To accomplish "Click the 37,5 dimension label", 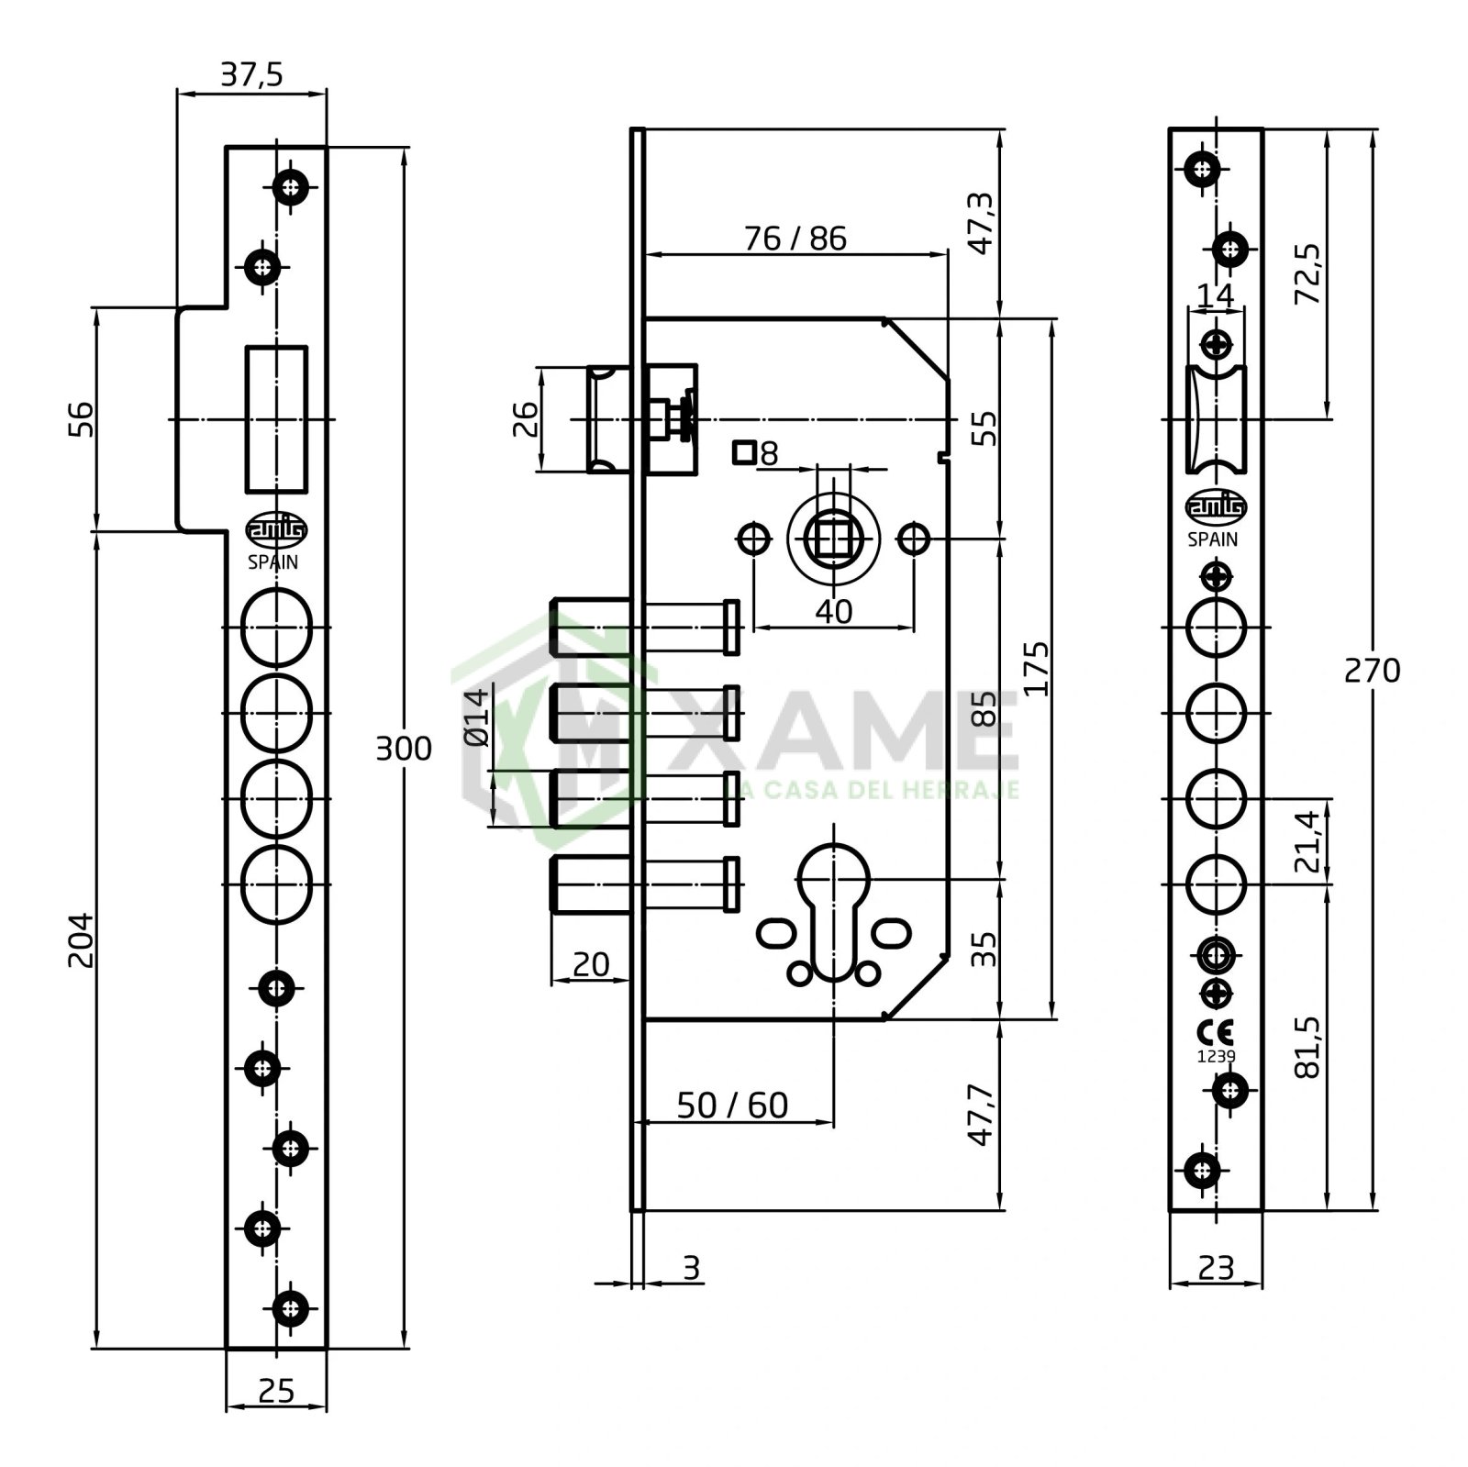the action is point(251,74).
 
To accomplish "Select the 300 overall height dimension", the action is point(404,749).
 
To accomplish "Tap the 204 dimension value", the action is point(81,939).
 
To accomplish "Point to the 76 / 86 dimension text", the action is point(795,239).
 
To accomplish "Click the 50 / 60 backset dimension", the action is point(732,1106).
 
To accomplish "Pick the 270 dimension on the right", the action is point(1372,672).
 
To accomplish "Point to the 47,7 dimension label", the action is point(983,1115).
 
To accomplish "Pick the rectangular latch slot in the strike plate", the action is point(276,419).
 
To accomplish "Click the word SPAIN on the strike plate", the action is point(273,562).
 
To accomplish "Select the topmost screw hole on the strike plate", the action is point(292,189).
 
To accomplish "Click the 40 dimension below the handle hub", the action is point(833,611).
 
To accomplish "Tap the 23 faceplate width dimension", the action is point(1217,1267).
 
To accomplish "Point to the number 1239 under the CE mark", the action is point(1217,1056).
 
